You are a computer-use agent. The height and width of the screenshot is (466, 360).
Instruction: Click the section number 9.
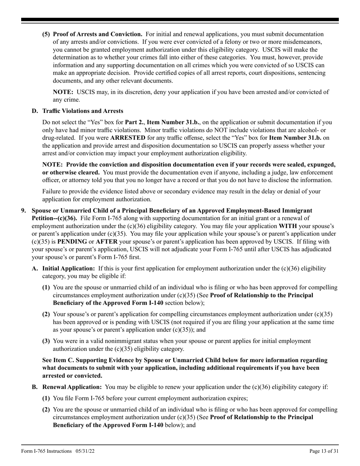pos(23,210)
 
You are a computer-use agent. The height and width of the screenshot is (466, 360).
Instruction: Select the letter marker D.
pos(35,111)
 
